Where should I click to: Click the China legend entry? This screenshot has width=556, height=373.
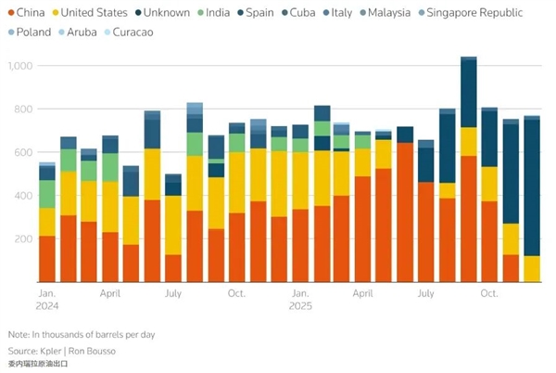point(29,13)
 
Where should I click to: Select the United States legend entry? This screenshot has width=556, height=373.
point(93,13)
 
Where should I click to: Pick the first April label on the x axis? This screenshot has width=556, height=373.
point(109,292)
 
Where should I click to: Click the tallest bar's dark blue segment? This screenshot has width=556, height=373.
point(469,93)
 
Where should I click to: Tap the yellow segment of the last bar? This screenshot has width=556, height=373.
point(532,269)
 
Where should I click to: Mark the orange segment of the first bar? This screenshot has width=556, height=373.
point(47,259)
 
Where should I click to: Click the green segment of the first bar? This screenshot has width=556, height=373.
point(47,194)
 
